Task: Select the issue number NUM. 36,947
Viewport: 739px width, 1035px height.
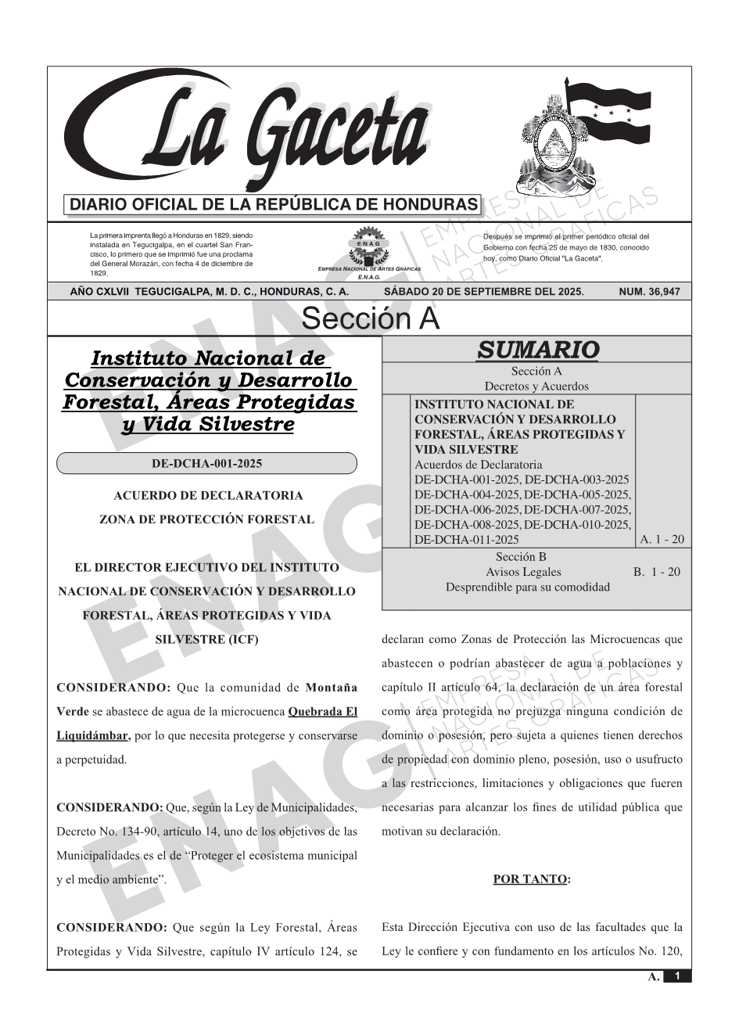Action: pyautogui.click(x=649, y=292)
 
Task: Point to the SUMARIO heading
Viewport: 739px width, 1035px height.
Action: pyautogui.click(x=537, y=350)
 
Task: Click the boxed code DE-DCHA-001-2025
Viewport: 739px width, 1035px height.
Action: pyautogui.click(x=206, y=463)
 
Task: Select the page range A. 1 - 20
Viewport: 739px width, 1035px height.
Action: pyautogui.click(x=662, y=539)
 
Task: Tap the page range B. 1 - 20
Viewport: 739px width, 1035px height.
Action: pyautogui.click(x=657, y=572)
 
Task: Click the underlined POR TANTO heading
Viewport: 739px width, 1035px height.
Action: pyautogui.click(x=531, y=879)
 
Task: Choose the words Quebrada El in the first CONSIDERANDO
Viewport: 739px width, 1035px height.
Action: pyautogui.click(x=323, y=712)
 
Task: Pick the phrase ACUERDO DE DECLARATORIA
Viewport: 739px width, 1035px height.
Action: pyautogui.click(x=208, y=495)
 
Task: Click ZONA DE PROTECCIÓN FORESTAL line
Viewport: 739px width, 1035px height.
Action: pyautogui.click(x=206, y=519)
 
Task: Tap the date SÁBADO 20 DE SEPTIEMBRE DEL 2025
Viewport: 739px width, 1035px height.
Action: pyautogui.click(x=483, y=292)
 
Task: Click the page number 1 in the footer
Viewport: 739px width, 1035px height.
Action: pyautogui.click(x=677, y=976)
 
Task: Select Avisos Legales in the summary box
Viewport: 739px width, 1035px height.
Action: pyautogui.click(x=523, y=572)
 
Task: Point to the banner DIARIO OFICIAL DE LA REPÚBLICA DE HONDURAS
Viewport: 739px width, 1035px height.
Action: pyautogui.click(x=274, y=205)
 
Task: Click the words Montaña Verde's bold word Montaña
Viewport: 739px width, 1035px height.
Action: pyautogui.click(x=331, y=688)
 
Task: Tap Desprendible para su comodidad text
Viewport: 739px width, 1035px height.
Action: pyautogui.click(x=527, y=587)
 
